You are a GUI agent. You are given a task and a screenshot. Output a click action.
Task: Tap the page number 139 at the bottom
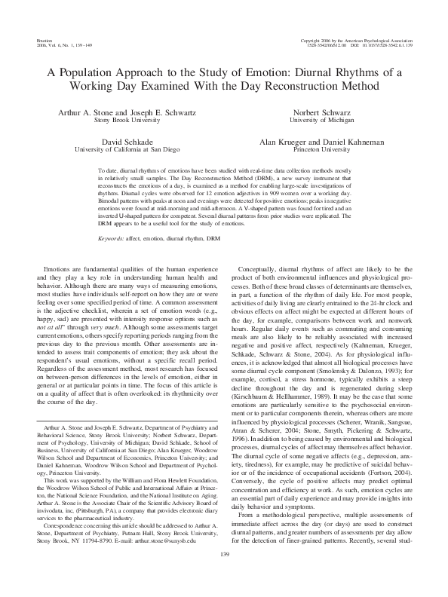[224, 576]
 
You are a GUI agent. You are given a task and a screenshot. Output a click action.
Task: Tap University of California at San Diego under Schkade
[125, 149]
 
